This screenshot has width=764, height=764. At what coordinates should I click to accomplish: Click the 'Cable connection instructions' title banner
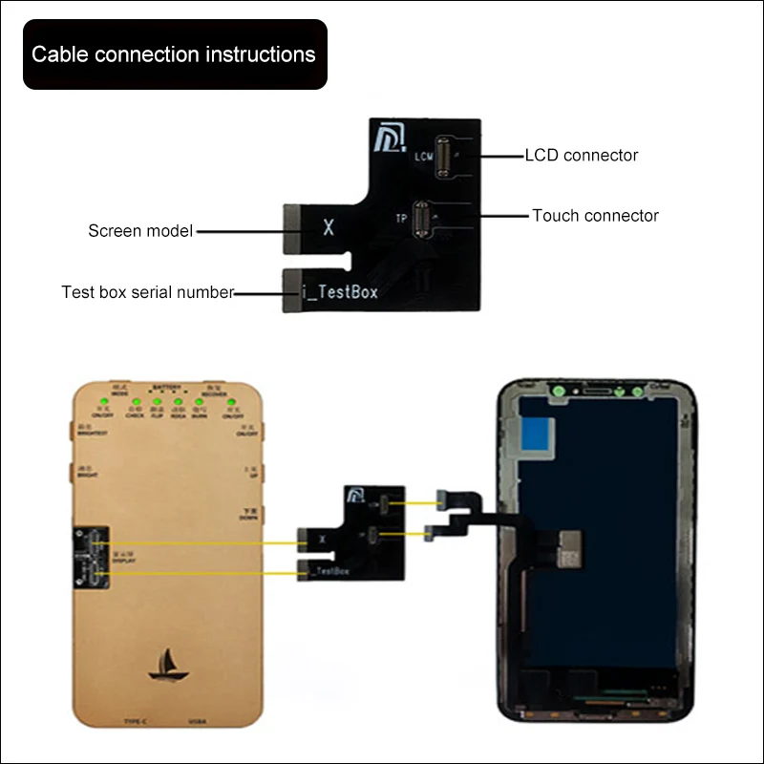coord(174,54)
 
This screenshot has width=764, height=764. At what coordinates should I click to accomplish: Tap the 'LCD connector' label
coord(581,155)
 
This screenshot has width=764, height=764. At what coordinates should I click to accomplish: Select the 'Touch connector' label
coord(595,216)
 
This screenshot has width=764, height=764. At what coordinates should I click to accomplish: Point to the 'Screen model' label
coord(140,230)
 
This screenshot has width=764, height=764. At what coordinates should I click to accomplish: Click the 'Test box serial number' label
coord(147,292)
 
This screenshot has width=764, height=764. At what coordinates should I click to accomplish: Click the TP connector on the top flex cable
coord(421,220)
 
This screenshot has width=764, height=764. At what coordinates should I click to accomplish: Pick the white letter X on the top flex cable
coord(329,229)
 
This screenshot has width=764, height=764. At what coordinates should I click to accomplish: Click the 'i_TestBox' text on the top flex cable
coord(340,292)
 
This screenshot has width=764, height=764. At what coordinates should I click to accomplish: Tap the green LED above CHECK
coord(136,402)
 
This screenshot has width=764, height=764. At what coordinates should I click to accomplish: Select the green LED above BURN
coord(199,402)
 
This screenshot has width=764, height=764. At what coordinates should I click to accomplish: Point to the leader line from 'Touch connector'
coord(503,216)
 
